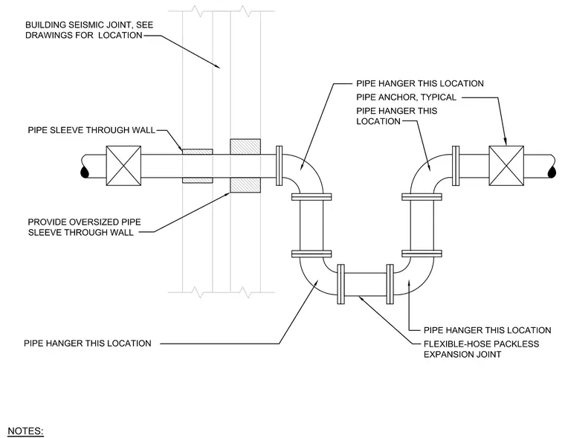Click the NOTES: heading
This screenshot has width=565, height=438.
[25, 431]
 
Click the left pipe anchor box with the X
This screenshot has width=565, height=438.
[123, 166]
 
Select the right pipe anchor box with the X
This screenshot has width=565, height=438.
[506, 166]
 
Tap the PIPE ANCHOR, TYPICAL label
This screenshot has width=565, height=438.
[406, 97]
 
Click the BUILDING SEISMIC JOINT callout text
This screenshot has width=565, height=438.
[89, 30]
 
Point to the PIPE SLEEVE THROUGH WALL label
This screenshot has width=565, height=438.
[91, 130]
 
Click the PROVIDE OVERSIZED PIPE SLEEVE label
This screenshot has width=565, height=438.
[84, 227]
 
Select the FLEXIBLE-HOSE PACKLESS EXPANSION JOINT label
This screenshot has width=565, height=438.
[482, 349]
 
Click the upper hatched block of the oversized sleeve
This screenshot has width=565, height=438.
[245, 146]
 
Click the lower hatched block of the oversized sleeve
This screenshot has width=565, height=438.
[245, 185]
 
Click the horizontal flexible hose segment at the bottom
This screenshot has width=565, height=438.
[365, 284]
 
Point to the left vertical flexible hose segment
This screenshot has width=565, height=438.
[311, 225]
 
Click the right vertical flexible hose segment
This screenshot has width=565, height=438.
[422, 225]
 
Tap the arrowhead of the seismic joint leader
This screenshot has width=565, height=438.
[217, 66]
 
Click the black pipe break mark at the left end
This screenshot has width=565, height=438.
[85, 173]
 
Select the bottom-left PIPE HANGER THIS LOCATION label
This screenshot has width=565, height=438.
[88, 344]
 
